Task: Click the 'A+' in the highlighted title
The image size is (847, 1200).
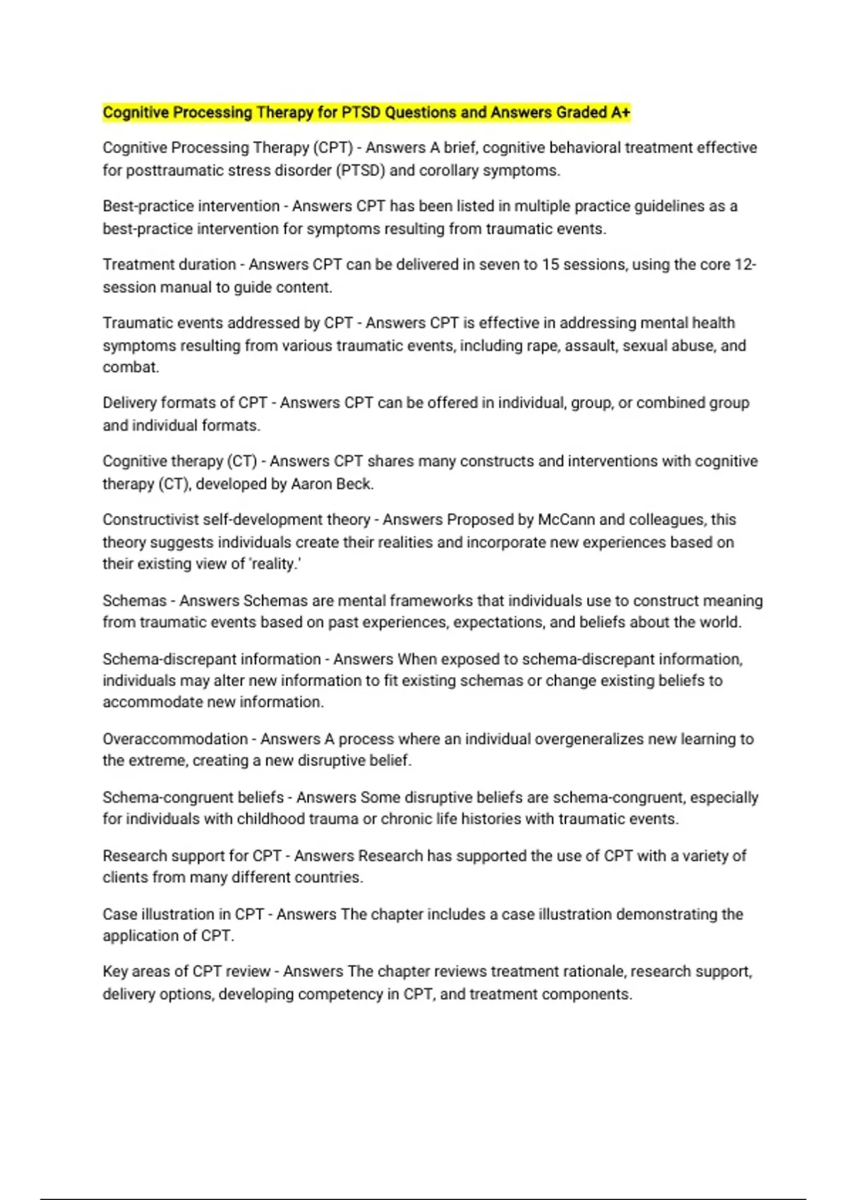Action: tap(620, 112)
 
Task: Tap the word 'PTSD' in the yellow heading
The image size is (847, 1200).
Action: tap(361, 112)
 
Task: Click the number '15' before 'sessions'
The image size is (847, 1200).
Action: tap(551, 265)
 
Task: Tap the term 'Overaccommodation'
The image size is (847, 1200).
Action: tap(174, 739)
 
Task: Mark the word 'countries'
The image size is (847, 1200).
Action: tap(328, 877)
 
